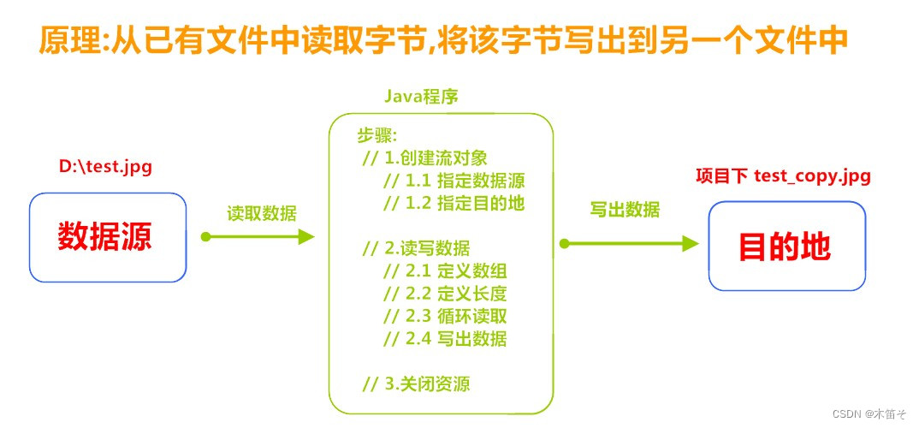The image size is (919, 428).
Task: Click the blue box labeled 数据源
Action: pyautogui.click(x=107, y=237)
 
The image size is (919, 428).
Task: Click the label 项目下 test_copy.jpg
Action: pyautogui.click(x=783, y=176)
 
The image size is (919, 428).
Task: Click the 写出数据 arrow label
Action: pyautogui.click(x=625, y=209)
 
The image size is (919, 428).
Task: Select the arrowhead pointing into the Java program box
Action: pyautogui.click(x=305, y=237)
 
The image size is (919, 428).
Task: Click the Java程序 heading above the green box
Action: pyautogui.click(x=420, y=98)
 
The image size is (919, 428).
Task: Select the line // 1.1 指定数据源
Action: pyautogui.click(x=453, y=181)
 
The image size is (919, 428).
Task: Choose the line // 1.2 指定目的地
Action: pyautogui.click(x=453, y=203)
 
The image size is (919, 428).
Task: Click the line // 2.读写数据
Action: pyautogui.click(x=416, y=248)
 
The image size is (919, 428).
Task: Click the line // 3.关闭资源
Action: pyautogui.click(x=416, y=383)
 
